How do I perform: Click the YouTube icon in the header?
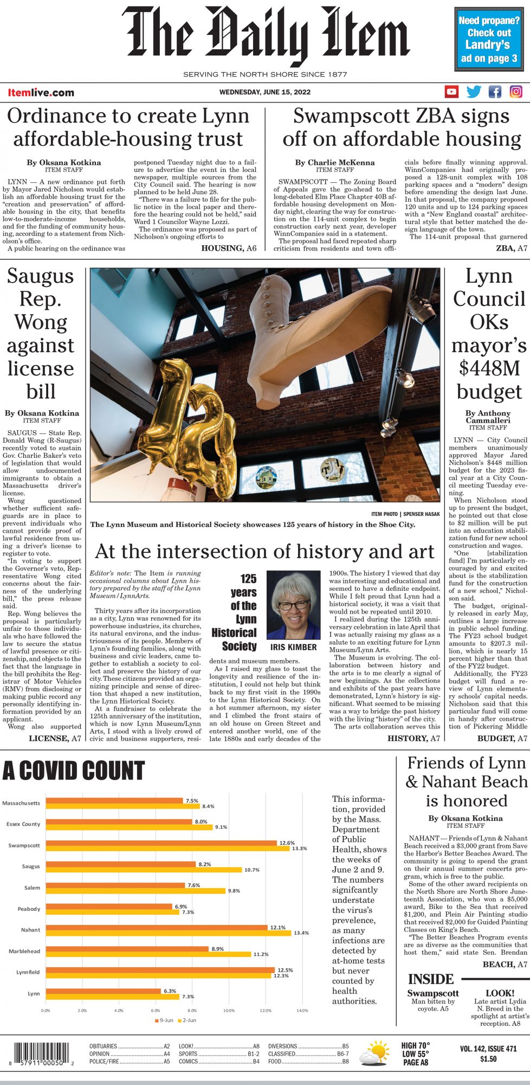(451, 92)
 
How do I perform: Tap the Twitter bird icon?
(474, 92)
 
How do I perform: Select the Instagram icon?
(516, 92)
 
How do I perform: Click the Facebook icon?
(495, 92)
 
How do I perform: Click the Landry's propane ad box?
(489, 39)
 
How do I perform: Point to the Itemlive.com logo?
(41, 93)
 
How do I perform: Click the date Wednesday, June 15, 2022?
(265, 92)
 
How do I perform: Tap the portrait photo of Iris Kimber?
(293, 605)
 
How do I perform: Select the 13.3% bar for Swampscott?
(168, 848)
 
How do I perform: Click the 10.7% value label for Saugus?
(252, 870)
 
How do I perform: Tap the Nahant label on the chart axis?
(30, 930)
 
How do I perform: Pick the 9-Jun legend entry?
(163, 1020)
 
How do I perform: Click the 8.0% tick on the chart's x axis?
(192, 1011)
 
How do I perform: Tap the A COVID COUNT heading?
(74, 770)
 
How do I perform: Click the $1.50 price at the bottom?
(488, 1059)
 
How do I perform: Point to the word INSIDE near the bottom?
(431, 979)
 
